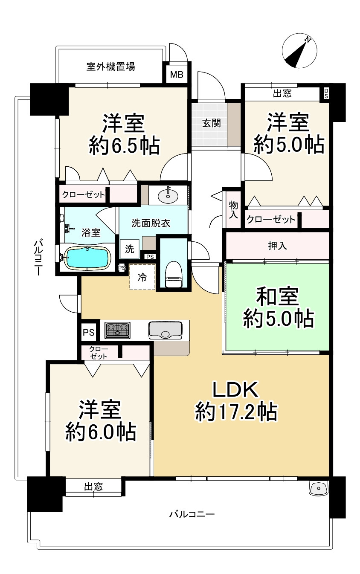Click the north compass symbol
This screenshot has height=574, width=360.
(x=299, y=50)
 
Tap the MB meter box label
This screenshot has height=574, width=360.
(x=177, y=75)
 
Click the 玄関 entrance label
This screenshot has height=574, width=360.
(x=212, y=124)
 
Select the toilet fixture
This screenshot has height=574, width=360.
(x=174, y=274)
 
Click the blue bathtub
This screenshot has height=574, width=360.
(x=87, y=258)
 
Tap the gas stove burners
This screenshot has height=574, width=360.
(x=117, y=330)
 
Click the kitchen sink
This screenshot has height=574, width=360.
(x=165, y=330)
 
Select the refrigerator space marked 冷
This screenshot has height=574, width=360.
(x=142, y=277)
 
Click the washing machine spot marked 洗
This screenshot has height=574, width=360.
(x=130, y=249)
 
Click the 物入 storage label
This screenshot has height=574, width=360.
(x=233, y=210)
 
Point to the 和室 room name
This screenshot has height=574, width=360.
(x=278, y=297)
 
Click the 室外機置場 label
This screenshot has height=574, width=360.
(x=111, y=67)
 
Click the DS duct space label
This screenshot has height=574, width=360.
(x=326, y=94)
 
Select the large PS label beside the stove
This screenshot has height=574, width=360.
(x=89, y=332)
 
